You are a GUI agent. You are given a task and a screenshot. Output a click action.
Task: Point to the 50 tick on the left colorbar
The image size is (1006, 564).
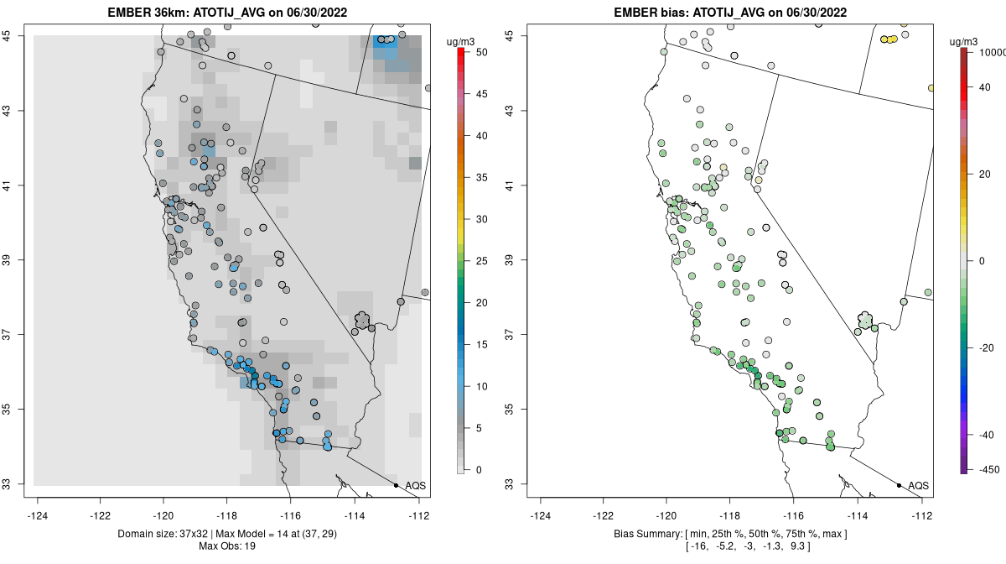(x=480, y=52)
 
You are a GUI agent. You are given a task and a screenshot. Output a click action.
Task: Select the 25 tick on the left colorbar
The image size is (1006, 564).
(x=480, y=261)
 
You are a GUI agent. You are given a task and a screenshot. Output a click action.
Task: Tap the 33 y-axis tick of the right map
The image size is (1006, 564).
(x=520, y=484)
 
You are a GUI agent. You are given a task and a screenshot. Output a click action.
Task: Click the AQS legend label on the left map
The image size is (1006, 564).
(x=415, y=486)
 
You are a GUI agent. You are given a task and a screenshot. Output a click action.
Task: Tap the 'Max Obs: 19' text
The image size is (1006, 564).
(x=227, y=546)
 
